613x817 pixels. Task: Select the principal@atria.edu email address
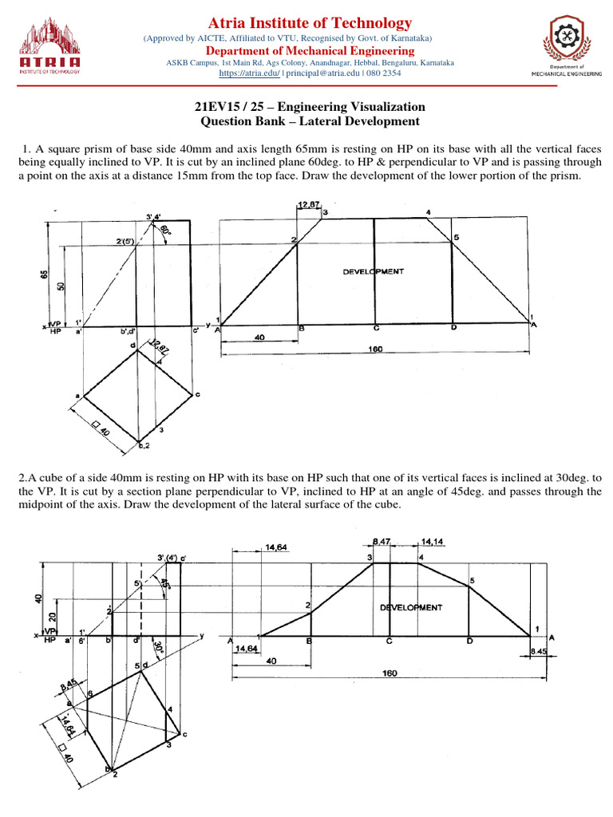coord(323,73)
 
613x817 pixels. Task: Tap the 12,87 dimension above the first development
coord(306,205)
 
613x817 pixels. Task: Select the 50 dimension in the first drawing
coord(61,286)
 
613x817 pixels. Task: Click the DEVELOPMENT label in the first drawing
coord(374,271)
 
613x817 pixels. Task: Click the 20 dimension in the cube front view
coord(51,618)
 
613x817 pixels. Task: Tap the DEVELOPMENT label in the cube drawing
coord(410,607)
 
